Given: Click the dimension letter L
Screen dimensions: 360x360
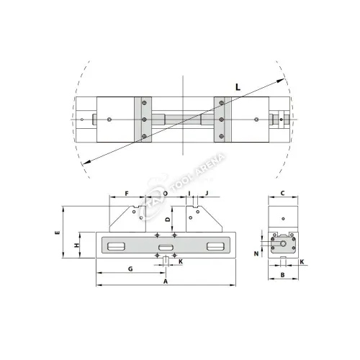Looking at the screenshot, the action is click(x=238, y=87).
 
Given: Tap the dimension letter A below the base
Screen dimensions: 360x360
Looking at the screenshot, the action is click(x=166, y=282).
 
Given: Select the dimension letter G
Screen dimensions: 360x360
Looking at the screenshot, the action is click(x=130, y=269).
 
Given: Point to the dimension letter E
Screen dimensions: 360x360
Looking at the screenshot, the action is click(x=58, y=233).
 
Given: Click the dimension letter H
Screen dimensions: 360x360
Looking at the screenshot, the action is click(x=76, y=246).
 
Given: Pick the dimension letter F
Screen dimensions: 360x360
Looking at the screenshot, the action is click(x=127, y=193).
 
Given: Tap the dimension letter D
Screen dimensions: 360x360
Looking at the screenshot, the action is click(x=168, y=219).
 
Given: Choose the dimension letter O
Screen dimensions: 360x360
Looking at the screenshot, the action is click(x=166, y=194).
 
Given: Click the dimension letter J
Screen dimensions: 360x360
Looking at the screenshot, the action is click(x=207, y=193).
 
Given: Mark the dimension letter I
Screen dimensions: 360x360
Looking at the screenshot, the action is click(x=189, y=193).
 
